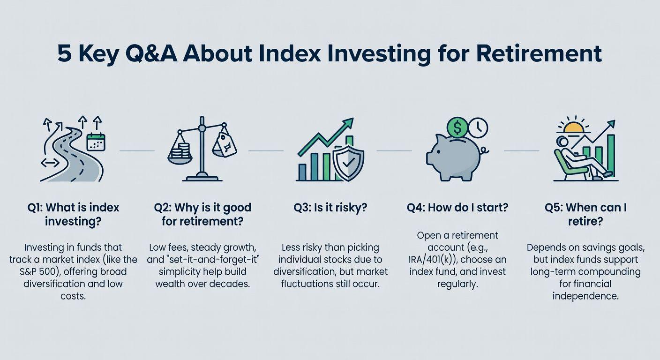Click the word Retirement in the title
[x=539, y=53]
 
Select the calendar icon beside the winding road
[x=96, y=142]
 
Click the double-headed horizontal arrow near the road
[x=50, y=163]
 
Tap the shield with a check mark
[x=348, y=162]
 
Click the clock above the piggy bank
[x=478, y=128]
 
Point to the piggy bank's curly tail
[x=484, y=151]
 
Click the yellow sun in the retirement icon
[x=573, y=127]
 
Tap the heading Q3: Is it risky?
[x=330, y=208]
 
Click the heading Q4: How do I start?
[x=457, y=208]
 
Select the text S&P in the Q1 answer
[x=29, y=271]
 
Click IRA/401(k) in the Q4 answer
[x=432, y=260]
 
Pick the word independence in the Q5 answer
[x=585, y=296]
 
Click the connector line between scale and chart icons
[x=266, y=150]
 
